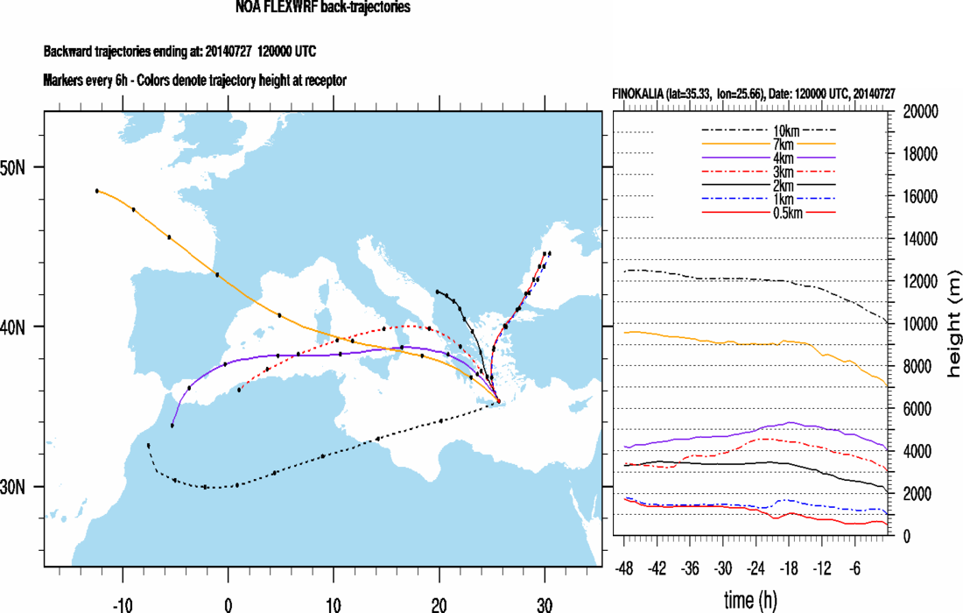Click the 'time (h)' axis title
749,600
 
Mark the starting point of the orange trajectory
97,190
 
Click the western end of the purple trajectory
172,426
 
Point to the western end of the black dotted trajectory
149,445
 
